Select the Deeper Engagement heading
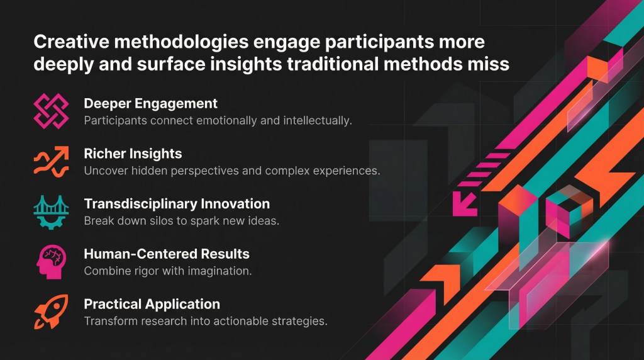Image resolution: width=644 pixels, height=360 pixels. point(151,104)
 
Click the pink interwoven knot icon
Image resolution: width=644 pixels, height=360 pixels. point(52,111)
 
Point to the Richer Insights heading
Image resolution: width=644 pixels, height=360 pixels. point(133,154)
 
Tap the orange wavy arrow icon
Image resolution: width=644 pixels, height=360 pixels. point(52,161)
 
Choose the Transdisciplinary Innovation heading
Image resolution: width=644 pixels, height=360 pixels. point(177,204)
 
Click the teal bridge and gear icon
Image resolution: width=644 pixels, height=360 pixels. point(52,211)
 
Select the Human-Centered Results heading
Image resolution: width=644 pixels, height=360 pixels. point(167,254)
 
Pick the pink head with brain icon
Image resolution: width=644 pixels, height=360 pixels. point(51,262)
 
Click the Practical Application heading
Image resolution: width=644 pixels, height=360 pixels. point(152,304)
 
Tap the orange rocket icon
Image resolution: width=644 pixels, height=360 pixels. point(51,312)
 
